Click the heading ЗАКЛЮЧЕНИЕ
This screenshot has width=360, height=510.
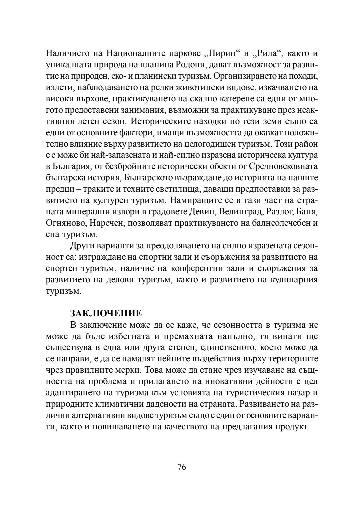click(106, 313)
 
